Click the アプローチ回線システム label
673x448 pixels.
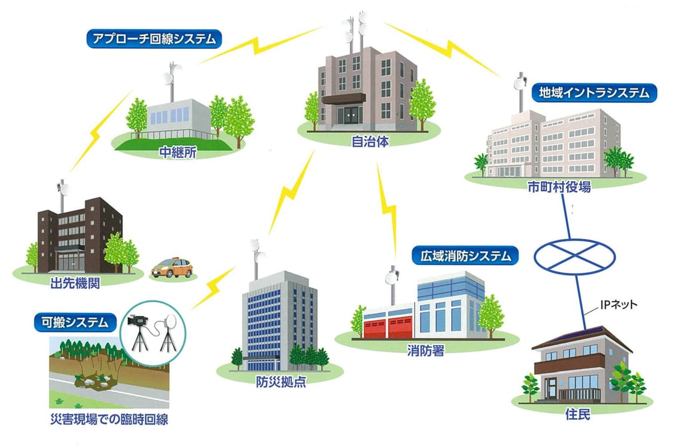click(x=154, y=40)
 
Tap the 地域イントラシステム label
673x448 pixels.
click(x=594, y=93)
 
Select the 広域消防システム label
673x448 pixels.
click(x=465, y=256)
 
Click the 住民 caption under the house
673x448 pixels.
click(x=577, y=413)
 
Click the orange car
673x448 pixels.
click(x=172, y=267)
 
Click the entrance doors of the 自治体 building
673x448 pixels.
click(x=348, y=115)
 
